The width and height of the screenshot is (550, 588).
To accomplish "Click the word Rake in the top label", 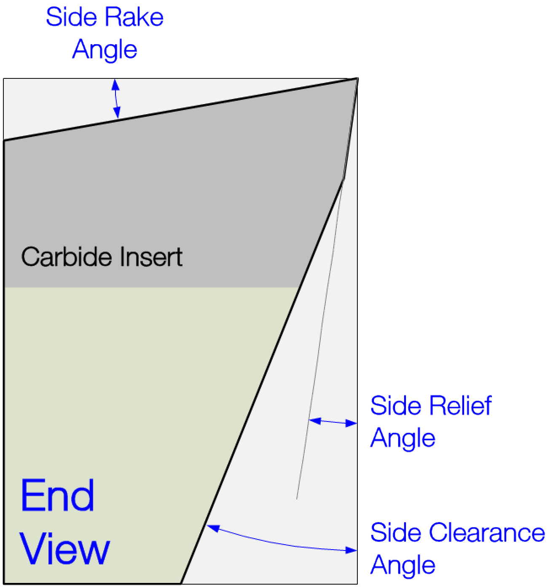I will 134,17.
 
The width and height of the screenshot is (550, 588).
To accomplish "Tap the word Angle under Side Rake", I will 105,50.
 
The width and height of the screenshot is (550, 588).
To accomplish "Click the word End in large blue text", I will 58,496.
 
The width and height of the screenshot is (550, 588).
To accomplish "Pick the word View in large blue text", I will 64,549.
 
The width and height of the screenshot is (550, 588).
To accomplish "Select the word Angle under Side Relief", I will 402,438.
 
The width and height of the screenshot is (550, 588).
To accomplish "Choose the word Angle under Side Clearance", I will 402,565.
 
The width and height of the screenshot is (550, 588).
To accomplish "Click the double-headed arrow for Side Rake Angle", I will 116,99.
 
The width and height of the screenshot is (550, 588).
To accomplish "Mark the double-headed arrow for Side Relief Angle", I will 333,422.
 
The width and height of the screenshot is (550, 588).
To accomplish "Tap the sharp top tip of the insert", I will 357,79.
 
